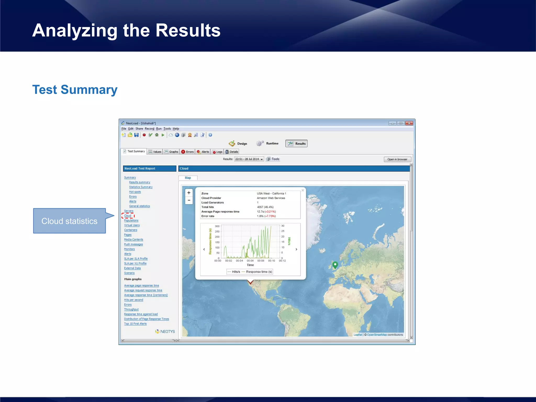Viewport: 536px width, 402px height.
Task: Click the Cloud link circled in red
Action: pos(128,216)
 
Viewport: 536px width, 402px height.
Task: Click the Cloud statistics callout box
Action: pos(69,221)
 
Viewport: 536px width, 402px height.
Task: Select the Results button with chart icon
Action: pos(296,143)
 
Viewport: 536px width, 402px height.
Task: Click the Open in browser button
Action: pos(397,159)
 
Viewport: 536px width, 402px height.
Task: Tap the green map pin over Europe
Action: pos(335,265)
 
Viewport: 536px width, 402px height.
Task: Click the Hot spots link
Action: pos(135,192)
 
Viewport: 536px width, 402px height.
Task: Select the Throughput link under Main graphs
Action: pos(131,309)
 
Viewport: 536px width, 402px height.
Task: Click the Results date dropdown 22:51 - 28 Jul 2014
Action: pos(249,159)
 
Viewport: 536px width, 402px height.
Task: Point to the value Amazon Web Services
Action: pos(271,198)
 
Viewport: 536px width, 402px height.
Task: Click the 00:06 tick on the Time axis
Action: pos(250,261)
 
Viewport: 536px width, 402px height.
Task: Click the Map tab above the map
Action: pos(188,178)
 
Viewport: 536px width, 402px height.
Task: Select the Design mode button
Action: pos(238,143)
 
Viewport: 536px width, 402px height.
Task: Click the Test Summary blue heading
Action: pos(75,90)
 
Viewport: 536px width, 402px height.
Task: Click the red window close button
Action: pos(409,123)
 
